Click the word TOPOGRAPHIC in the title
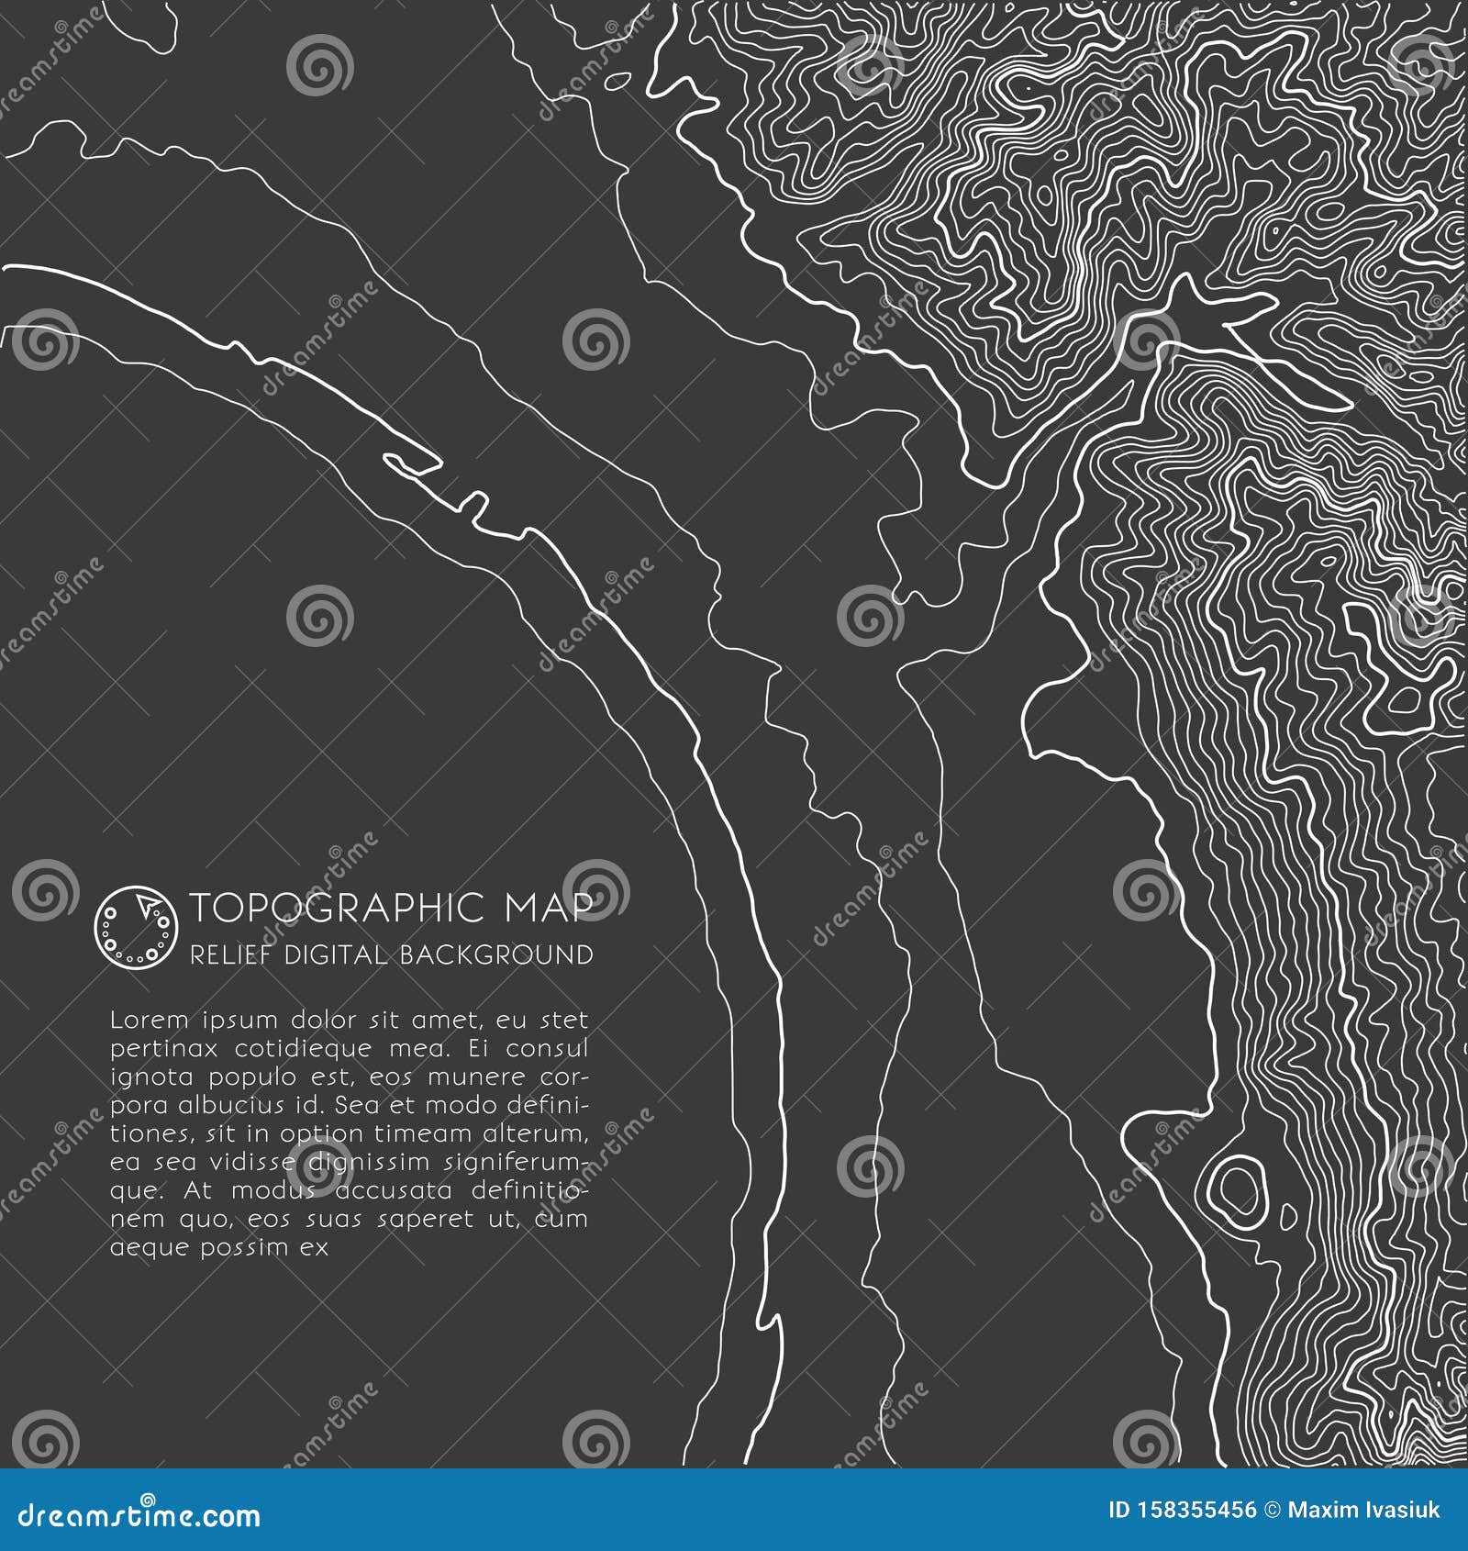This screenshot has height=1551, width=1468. [x=337, y=908]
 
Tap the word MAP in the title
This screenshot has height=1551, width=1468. [x=547, y=908]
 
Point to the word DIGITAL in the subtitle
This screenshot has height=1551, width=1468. [x=335, y=955]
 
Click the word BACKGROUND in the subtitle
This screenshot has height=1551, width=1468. [x=495, y=955]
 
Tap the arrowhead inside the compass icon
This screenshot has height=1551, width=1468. [x=145, y=906]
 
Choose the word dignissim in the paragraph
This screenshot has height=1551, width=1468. [x=368, y=1162]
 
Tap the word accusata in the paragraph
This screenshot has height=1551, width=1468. [x=394, y=1190]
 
